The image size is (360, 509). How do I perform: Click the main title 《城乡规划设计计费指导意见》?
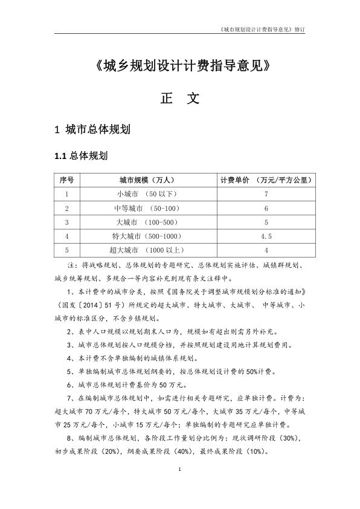pyautogui.click(x=179, y=66)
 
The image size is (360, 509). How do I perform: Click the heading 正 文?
pyautogui.click(x=179, y=99)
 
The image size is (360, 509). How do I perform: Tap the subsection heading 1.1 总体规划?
pyautogui.click(x=81, y=157)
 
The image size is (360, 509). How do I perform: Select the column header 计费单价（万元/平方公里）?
pyautogui.click(x=266, y=180)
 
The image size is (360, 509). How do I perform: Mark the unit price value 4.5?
pyautogui.click(x=266, y=236)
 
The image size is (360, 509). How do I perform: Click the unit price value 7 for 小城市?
pyautogui.click(x=266, y=194)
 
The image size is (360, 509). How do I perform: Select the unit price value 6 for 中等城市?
pyautogui.click(x=266, y=208)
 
